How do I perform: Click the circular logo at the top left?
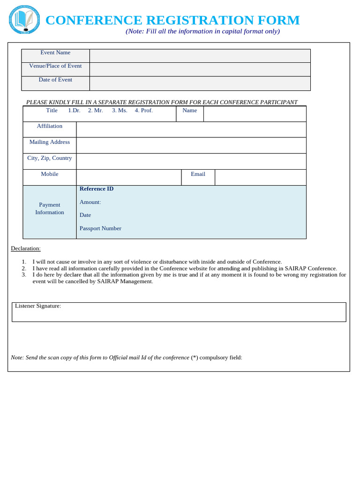24,20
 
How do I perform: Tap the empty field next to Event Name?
200,56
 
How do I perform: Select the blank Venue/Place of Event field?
200,69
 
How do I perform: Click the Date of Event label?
55,80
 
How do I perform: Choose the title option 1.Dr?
74,111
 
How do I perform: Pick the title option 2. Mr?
95,111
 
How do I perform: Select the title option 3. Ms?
120,111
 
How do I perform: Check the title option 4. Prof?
143,111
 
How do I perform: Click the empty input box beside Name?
255,114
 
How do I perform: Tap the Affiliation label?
50,126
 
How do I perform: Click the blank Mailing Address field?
191,145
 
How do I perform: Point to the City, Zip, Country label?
50,158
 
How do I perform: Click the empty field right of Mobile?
128,177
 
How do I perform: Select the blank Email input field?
260,177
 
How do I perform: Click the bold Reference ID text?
97,189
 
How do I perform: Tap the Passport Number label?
100,228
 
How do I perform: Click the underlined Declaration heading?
26,248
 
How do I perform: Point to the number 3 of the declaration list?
24,275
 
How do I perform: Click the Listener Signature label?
38,306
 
